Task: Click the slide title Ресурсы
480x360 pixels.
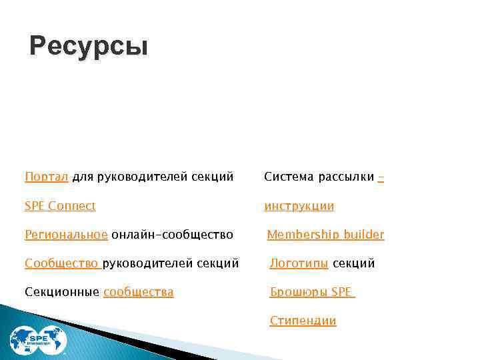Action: click(x=89, y=47)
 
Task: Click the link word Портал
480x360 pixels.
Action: click(x=46, y=177)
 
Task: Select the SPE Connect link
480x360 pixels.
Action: click(x=60, y=206)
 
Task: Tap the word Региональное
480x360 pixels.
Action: click(x=66, y=235)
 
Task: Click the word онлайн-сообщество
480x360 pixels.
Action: click(x=172, y=235)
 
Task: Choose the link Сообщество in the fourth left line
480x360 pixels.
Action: click(x=61, y=263)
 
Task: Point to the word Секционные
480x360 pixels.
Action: click(x=62, y=292)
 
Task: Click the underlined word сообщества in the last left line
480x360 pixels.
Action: click(x=139, y=292)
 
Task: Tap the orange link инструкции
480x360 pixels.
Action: click(x=299, y=206)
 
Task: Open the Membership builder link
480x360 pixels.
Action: click(x=325, y=235)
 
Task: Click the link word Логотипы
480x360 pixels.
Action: click(x=299, y=263)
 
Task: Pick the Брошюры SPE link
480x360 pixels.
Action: click(x=311, y=292)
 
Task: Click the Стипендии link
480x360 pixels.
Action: click(x=303, y=321)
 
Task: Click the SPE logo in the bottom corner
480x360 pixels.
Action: click(x=38, y=340)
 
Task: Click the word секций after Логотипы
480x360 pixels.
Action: click(x=353, y=263)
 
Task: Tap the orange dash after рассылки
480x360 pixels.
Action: click(x=381, y=177)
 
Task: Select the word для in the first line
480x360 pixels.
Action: click(x=83, y=177)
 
